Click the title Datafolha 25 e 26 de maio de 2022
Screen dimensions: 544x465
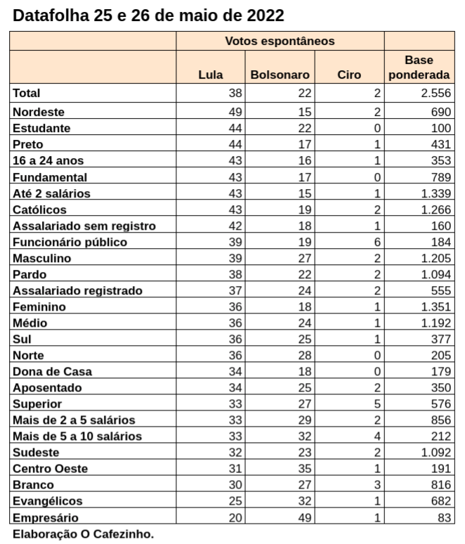(x=149, y=15)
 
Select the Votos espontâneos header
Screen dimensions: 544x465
(x=280, y=41)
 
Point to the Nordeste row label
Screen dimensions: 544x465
(x=39, y=111)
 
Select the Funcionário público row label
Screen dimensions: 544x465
(x=70, y=242)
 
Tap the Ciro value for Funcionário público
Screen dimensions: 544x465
(x=377, y=242)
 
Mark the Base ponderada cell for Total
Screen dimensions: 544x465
(x=435, y=93)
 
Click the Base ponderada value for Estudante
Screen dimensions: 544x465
(x=440, y=128)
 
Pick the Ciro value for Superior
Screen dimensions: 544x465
(x=377, y=404)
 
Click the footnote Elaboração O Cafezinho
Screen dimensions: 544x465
(x=82, y=534)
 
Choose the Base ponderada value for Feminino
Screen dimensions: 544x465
(x=435, y=306)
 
